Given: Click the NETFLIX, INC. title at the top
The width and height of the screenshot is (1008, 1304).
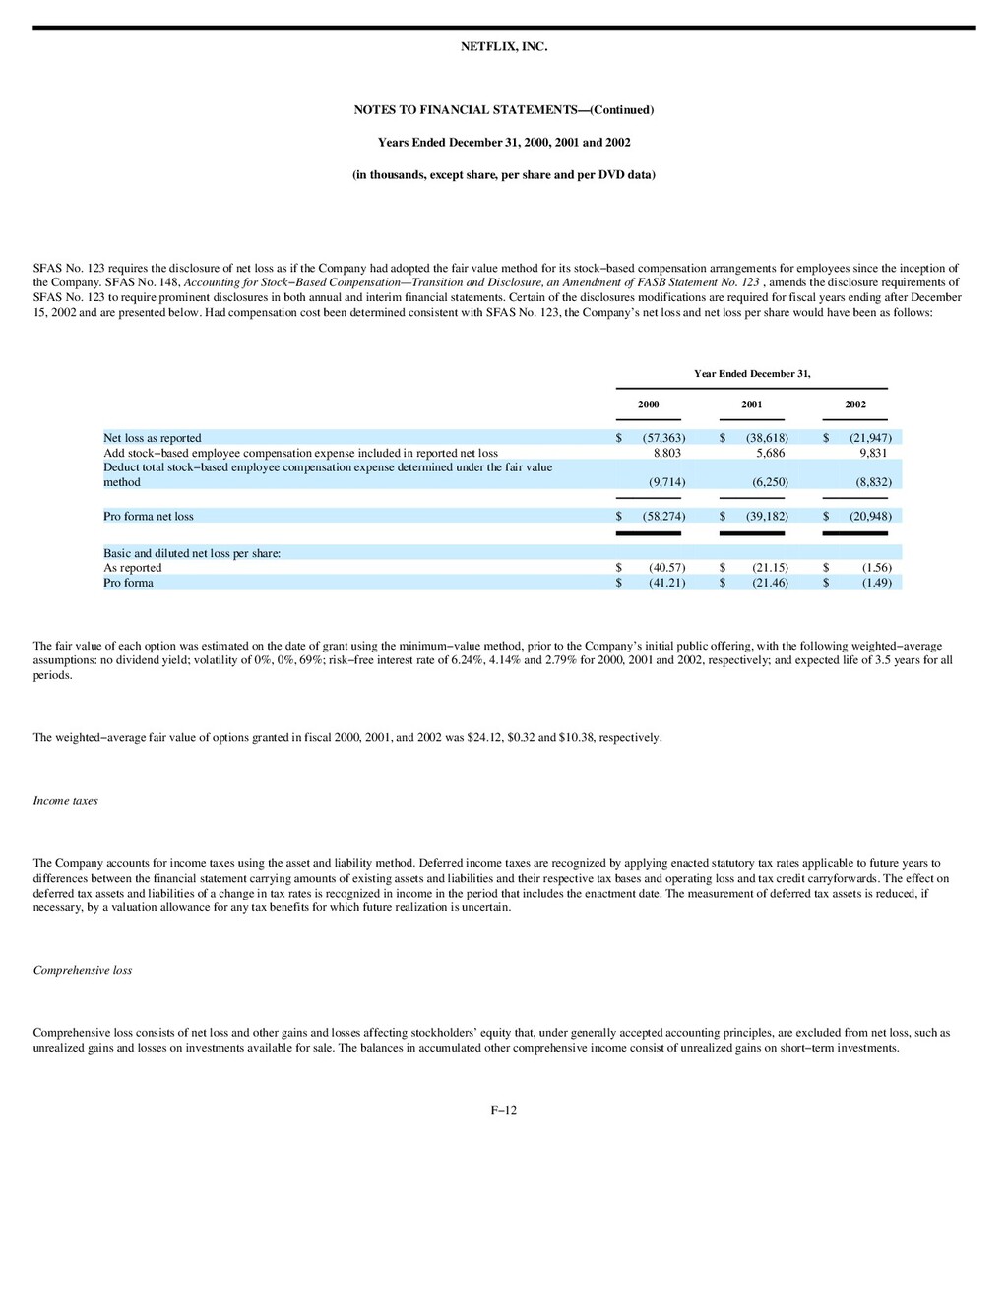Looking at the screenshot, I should point(503,47).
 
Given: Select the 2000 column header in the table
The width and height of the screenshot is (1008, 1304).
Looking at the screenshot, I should point(648,404).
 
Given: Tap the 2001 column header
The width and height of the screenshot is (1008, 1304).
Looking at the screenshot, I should point(751,404).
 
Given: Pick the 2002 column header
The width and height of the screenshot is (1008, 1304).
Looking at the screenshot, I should point(854,404).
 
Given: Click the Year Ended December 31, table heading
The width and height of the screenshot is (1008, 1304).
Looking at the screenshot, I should point(751,374).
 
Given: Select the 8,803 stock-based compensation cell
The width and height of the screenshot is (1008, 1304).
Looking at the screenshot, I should point(666,453).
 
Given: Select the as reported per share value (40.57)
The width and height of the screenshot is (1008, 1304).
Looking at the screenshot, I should point(666,568).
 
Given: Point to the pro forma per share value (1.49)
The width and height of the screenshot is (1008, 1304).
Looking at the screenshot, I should point(876,583).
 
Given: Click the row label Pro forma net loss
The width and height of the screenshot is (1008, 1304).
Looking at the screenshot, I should point(149,517).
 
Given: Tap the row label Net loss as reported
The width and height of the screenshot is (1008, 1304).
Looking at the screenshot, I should point(153,438).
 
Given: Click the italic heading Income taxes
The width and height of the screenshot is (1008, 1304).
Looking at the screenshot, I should point(65,801).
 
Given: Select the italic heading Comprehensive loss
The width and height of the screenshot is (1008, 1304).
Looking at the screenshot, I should point(82,971).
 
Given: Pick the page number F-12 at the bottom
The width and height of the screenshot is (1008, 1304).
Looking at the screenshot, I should point(503,1111).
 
